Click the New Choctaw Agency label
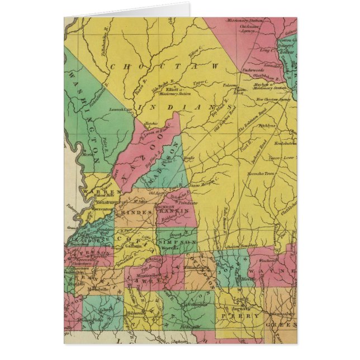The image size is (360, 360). click(x=273, y=99)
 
